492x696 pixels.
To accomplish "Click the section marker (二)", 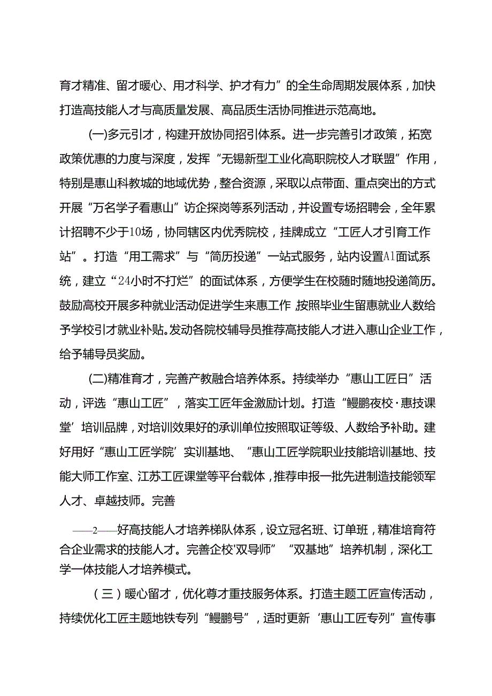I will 97,380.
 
